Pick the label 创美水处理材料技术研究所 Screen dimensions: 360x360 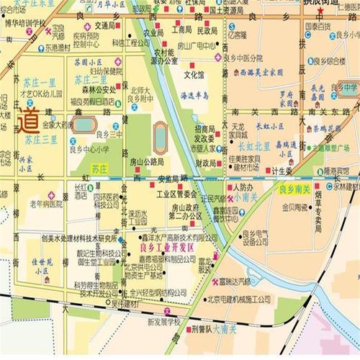click(x=69, y=238)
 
